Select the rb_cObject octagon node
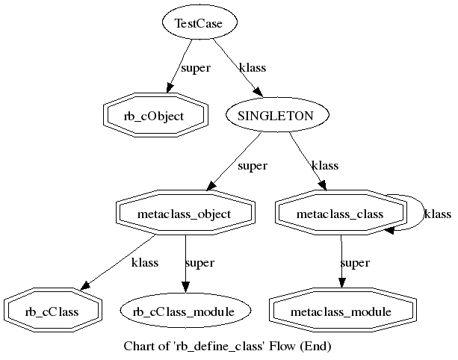coord(154,115)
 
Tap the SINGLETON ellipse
coord(279,115)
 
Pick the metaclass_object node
coord(185,214)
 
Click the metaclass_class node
coord(340,214)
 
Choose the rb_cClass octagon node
coord(52,311)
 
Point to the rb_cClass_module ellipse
coord(185,311)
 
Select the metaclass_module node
coord(341,311)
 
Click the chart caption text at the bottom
coord(226,347)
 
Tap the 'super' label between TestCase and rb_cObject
coord(196,68)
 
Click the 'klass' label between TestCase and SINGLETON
coord(252,68)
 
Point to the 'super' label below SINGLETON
coord(253,166)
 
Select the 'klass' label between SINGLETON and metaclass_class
coord(325,166)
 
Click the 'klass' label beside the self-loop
coord(437,214)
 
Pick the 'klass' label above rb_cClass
coord(144,263)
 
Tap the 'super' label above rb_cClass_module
coord(199,263)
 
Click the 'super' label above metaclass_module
coord(355,263)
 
